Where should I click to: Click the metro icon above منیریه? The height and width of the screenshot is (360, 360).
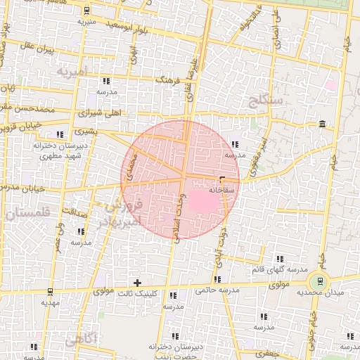coord(86,11)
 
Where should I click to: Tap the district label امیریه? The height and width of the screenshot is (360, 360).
coord(73,72)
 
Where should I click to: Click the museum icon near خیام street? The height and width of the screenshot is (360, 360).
coord(322,124)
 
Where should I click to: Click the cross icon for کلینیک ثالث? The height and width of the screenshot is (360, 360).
coord(138,283)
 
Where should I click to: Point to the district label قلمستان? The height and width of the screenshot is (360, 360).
coord(25,214)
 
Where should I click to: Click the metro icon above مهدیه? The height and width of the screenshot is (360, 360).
coord(50,291)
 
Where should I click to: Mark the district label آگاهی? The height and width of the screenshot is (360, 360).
coord(82,340)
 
